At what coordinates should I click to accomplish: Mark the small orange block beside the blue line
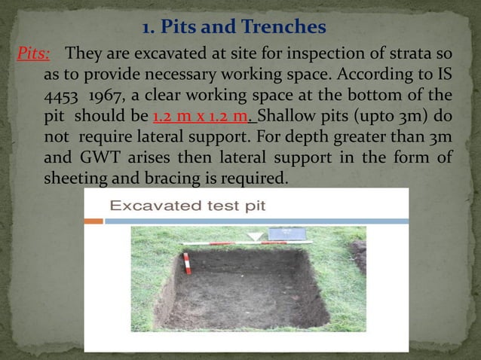pos(93,221)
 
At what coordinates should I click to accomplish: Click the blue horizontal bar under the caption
pos(256,221)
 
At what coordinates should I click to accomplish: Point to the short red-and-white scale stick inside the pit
pos(186,263)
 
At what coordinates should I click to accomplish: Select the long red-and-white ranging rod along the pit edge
pos(226,243)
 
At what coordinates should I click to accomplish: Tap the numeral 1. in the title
pos(148,29)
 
